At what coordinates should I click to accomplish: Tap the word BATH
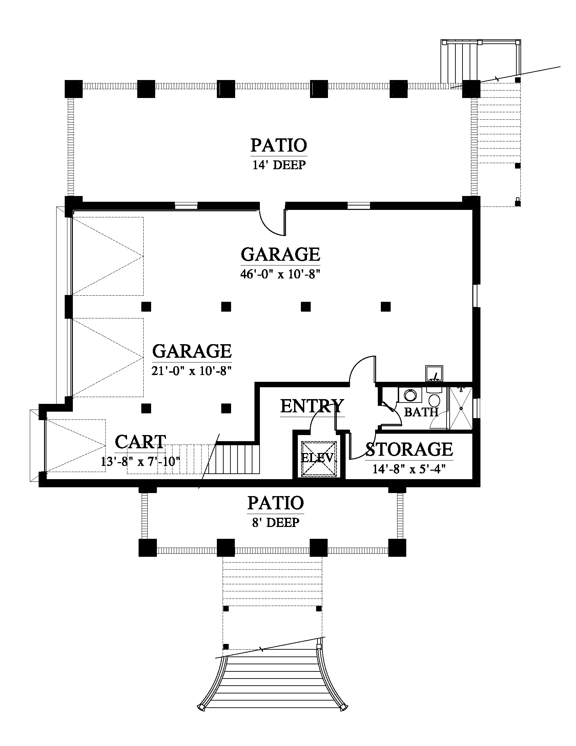click(x=421, y=412)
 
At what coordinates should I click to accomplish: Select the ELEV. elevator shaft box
click(x=319, y=458)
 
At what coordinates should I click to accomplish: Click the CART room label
click(x=141, y=441)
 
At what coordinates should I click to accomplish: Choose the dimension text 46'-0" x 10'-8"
click(x=280, y=274)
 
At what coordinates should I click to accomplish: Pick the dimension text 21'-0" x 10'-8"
click(x=192, y=371)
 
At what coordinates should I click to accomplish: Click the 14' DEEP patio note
click(x=279, y=165)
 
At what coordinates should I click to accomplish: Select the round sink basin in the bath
click(x=410, y=395)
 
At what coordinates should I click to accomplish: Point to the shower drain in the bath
click(x=461, y=408)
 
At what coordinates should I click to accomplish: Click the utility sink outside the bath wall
click(x=434, y=373)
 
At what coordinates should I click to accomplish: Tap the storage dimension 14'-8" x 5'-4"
click(x=409, y=469)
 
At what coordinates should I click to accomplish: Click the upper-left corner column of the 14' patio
click(x=74, y=89)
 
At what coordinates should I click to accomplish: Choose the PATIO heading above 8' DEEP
click(x=276, y=503)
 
